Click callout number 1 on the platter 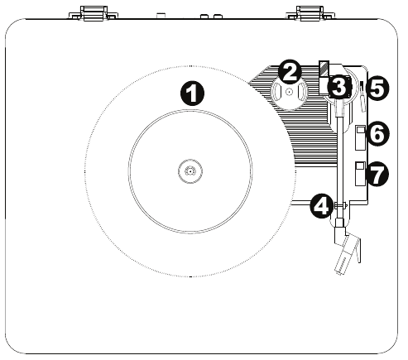(x=192, y=94)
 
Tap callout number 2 (x=289, y=72)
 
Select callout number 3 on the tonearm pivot (x=339, y=87)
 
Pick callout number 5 (x=377, y=89)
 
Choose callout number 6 (x=377, y=133)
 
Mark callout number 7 (x=377, y=175)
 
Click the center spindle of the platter (x=190, y=171)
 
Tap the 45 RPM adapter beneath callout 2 (x=289, y=93)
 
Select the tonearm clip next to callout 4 (x=341, y=205)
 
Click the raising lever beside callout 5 (x=362, y=96)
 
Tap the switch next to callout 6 (x=360, y=137)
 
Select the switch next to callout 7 (x=360, y=174)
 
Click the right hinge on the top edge (x=310, y=13)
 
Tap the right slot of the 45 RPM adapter (x=300, y=92)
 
